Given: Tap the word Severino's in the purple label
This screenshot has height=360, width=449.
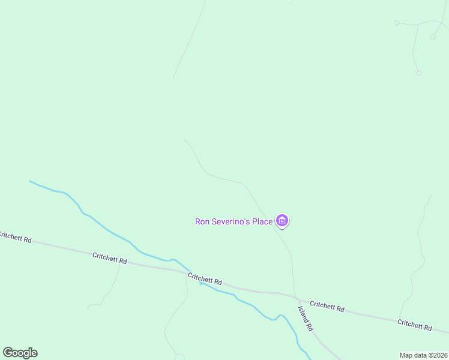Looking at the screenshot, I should pyautogui.click(x=230, y=221).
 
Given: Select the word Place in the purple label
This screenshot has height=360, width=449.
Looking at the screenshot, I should pyautogui.click(x=262, y=221).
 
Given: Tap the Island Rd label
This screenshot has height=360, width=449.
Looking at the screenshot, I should pyautogui.click(x=306, y=319).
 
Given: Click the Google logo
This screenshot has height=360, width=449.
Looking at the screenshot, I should pyautogui.click(x=20, y=353).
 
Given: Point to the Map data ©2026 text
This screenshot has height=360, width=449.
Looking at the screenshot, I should pyautogui.click(x=424, y=355).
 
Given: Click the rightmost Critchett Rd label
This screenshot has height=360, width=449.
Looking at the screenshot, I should pyautogui.click(x=415, y=325).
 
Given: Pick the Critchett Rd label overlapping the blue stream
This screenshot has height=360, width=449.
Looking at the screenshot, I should pyautogui.click(x=205, y=279).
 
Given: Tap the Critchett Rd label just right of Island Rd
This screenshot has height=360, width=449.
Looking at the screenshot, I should pyautogui.click(x=327, y=306).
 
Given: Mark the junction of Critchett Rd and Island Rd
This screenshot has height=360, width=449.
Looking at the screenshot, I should pyautogui.click(x=298, y=298).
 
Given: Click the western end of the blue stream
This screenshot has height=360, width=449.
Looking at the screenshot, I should pyautogui.click(x=30, y=181).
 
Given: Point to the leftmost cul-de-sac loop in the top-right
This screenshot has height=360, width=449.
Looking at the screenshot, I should pyautogui.click(x=396, y=23).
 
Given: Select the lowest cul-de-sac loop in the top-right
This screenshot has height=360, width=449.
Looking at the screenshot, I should pyautogui.click(x=419, y=73).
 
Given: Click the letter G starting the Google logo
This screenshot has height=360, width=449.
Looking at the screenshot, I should pyautogui.click(x=7, y=353).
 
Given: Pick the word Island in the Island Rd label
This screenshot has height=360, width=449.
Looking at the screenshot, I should pyautogui.click(x=303, y=314).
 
